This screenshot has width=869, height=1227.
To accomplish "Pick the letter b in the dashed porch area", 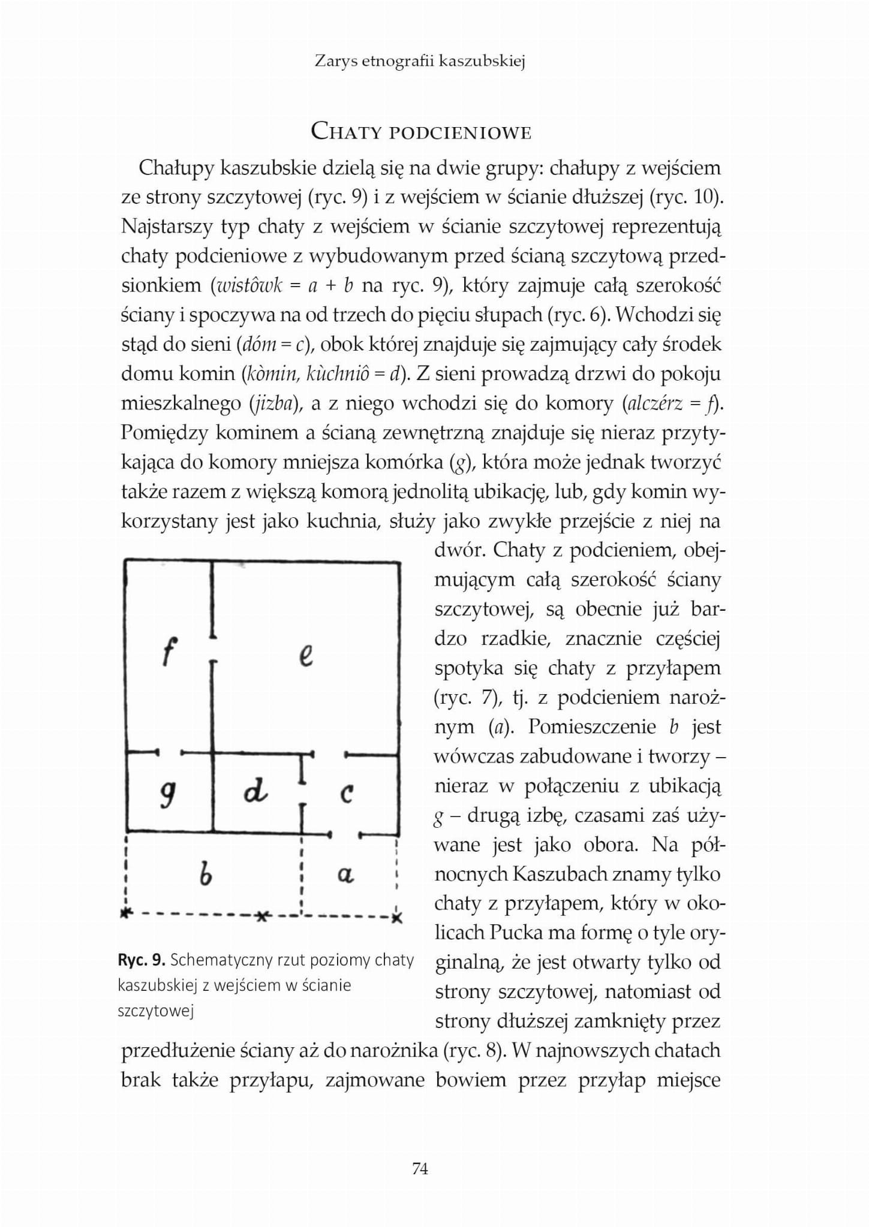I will [205, 876].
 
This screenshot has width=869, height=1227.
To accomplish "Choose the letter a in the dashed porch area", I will [344, 876].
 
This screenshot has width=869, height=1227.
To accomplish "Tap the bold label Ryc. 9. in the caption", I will [142, 960].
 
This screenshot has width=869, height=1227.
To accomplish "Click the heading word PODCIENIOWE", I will [460, 132].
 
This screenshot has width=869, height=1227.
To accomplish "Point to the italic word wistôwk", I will [247, 285].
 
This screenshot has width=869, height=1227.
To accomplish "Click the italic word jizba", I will [273, 403].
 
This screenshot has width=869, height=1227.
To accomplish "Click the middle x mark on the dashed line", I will [261, 917].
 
